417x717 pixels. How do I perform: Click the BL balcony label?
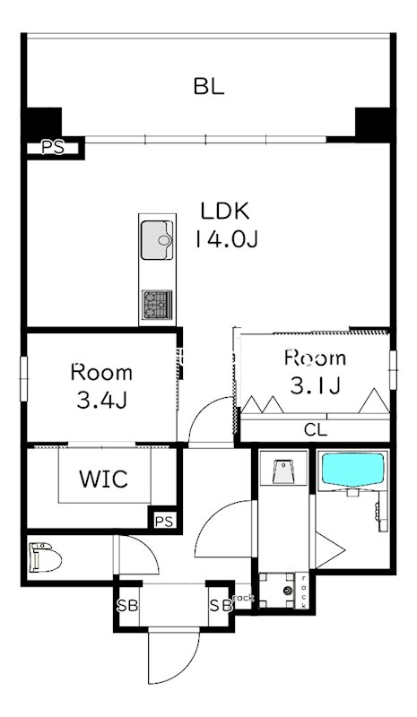(x=209, y=86)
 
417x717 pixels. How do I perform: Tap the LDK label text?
(x=226, y=211)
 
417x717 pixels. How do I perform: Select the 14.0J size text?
(x=227, y=238)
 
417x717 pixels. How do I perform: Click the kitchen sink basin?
(x=157, y=239)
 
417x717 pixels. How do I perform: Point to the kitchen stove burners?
(x=157, y=305)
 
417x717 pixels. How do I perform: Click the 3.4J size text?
(x=101, y=401)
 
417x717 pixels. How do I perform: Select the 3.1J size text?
(x=316, y=386)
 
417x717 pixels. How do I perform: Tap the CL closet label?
(x=316, y=430)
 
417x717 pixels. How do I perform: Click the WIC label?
(x=103, y=479)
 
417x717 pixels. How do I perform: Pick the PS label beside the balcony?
(x=53, y=148)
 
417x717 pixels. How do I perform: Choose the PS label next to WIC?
(x=164, y=521)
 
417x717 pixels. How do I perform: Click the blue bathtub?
(x=352, y=469)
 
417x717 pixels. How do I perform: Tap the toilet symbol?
(x=45, y=557)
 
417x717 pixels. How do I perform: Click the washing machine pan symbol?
(x=278, y=591)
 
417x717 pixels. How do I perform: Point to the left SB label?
(x=127, y=606)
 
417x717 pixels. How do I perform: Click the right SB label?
(x=221, y=606)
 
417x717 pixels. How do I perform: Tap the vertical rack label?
(x=303, y=592)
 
